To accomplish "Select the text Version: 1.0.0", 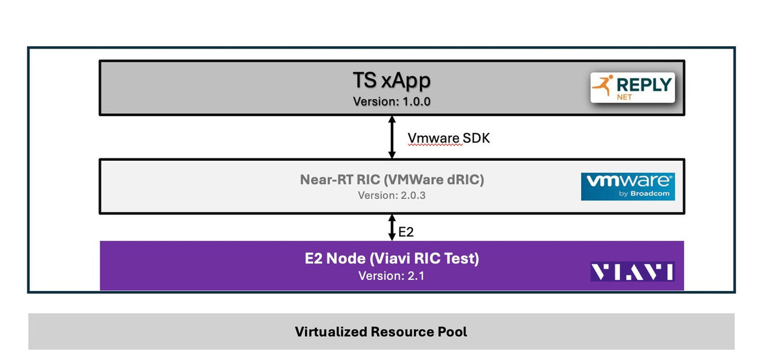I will pyautogui.click(x=391, y=101).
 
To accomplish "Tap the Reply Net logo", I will pyautogui.click(x=633, y=88).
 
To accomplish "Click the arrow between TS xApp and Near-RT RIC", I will pyautogui.click(x=391, y=137).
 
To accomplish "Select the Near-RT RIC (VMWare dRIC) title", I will pyautogui.click(x=391, y=180).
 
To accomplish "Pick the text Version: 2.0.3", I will pyautogui.click(x=391, y=195).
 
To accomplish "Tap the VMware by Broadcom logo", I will pyautogui.click(x=627, y=186).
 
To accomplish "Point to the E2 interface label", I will pyautogui.click(x=406, y=232).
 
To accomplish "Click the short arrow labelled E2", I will pyautogui.click(x=391, y=228).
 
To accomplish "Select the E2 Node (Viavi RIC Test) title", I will pyautogui.click(x=391, y=259).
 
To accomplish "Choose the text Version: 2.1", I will pyautogui.click(x=391, y=276).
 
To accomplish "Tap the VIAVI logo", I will pyautogui.click(x=632, y=272).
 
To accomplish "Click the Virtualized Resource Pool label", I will pyautogui.click(x=381, y=332).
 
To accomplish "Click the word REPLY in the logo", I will pyautogui.click(x=645, y=84).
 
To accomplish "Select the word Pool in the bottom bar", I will pyautogui.click(x=453, y=332).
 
